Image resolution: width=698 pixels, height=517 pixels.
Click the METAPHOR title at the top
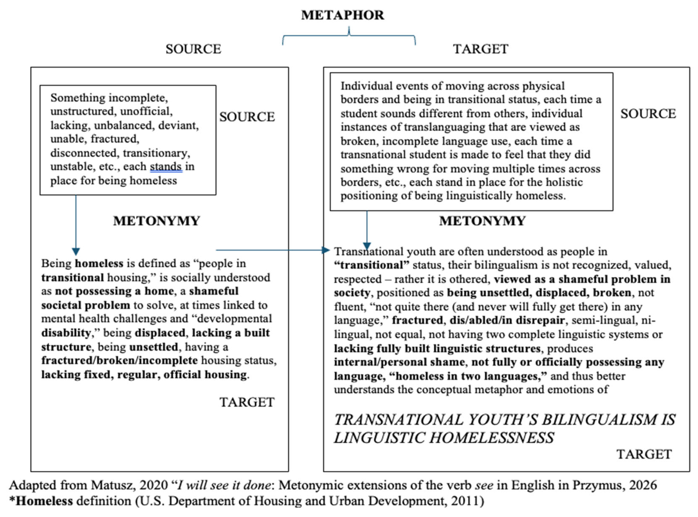[x=342, y=15]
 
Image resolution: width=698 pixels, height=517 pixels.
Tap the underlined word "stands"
[x=166, y=167]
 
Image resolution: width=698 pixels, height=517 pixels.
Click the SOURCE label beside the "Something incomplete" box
[x=247, y=117]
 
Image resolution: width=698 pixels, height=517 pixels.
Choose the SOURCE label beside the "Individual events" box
[x=648, y=114]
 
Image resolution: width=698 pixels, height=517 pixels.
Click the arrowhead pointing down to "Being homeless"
[x=76, y=251]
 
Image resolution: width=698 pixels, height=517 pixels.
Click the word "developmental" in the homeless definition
[x=234, y=319]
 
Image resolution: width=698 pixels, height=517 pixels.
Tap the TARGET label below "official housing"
[x=247, y=402]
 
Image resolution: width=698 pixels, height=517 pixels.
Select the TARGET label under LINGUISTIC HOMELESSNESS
[x=644, y=454]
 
